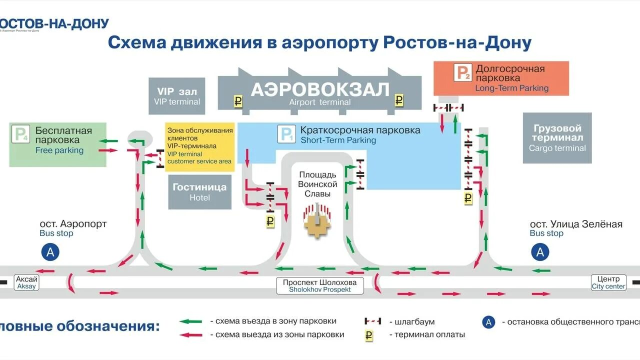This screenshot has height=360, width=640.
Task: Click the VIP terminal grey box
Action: click(177, 96)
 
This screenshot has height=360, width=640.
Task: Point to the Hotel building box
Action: click(199, 192)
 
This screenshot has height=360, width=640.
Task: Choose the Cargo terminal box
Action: click(557, 137)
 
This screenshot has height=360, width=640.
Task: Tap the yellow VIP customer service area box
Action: click(200, 146)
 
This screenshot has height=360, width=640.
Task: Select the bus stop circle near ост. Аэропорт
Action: click(50, 252)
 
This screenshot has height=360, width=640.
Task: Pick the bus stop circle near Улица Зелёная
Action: click(540, 252)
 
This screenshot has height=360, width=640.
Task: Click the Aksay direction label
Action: click(26, 282)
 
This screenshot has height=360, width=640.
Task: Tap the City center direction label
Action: click(608, 282)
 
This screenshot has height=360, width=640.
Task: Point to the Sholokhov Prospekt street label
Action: click(320, 285)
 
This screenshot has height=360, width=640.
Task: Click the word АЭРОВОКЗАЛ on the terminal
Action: click(320, 90)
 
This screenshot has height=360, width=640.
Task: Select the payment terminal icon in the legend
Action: click(369, 335)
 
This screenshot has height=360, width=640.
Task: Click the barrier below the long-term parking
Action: click(448, 107)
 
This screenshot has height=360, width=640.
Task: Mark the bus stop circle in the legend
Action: click(488, 322)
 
